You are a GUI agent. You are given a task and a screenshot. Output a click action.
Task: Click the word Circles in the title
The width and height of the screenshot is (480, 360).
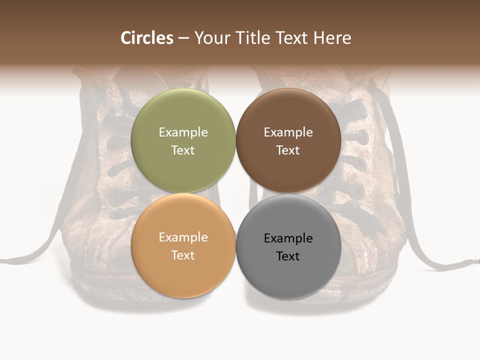[147, 38]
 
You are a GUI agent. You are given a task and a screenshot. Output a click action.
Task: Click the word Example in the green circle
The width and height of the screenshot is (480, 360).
[183, 132]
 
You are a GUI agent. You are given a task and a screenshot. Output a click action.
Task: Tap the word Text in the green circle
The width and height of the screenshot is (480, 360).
[183, 150]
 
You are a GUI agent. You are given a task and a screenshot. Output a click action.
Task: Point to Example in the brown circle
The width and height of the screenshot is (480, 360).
[288, 132]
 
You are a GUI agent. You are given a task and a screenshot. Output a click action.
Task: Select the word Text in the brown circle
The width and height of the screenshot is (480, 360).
[288, 150]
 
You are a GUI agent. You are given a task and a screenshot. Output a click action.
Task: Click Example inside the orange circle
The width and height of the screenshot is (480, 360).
[183, 237]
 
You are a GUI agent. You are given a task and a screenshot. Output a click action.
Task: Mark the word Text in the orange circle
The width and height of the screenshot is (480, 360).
[183, 255]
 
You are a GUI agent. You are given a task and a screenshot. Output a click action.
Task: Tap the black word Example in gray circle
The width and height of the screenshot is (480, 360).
[288, 238]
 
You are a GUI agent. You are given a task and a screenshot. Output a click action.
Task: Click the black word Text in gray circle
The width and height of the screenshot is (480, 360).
[288, 256]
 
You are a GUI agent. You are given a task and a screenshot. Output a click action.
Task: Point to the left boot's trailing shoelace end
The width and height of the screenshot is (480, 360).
[10, 260]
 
